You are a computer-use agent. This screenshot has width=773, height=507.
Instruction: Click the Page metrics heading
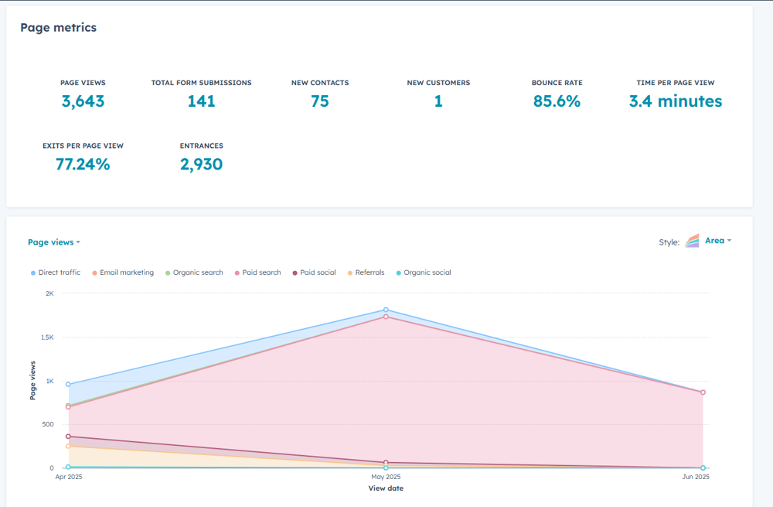(59, 28)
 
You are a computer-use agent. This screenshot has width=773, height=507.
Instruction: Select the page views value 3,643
(83, 101)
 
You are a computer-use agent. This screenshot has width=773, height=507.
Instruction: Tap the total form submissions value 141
(201, 101)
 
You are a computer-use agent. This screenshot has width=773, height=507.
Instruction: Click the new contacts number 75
(319, 101)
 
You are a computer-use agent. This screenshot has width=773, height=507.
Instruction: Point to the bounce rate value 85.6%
(557, 101)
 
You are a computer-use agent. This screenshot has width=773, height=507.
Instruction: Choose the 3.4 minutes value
(675, 101)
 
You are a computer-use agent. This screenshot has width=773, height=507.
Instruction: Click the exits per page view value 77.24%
(83, 164)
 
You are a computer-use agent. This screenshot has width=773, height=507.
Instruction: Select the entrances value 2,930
(201, 164)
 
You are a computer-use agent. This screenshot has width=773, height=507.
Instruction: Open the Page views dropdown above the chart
(53, 242)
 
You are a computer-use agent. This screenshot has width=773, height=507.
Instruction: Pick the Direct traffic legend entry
(56, 272)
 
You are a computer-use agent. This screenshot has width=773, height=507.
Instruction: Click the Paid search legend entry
(259, 272)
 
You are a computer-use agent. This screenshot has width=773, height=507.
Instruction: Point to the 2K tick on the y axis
(49, 294)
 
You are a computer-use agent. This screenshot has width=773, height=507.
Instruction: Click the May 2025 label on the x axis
(386, 477)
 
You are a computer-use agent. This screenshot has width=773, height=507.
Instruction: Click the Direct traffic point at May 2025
(386, 310)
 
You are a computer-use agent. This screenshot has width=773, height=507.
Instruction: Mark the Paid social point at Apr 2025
(68, 437)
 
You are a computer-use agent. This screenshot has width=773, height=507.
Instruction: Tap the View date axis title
(386, 488)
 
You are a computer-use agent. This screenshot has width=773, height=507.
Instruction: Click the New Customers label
(438, 83)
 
